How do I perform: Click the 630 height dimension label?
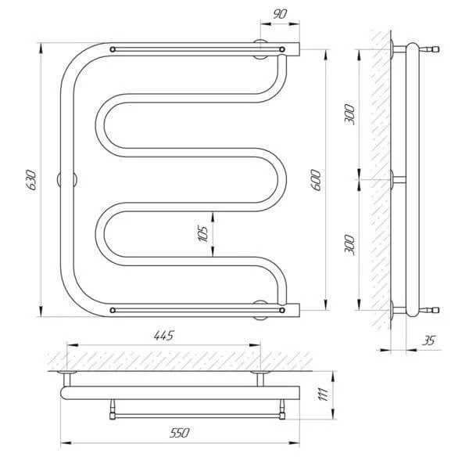31,180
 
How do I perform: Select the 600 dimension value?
316,180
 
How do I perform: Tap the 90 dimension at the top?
280,14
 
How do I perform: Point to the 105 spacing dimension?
203,234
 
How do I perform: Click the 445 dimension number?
163,336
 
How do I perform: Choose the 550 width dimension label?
180,433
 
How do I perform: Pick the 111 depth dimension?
324,394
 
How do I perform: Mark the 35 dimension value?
428,340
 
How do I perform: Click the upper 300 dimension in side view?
349,114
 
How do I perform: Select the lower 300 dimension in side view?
349,245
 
